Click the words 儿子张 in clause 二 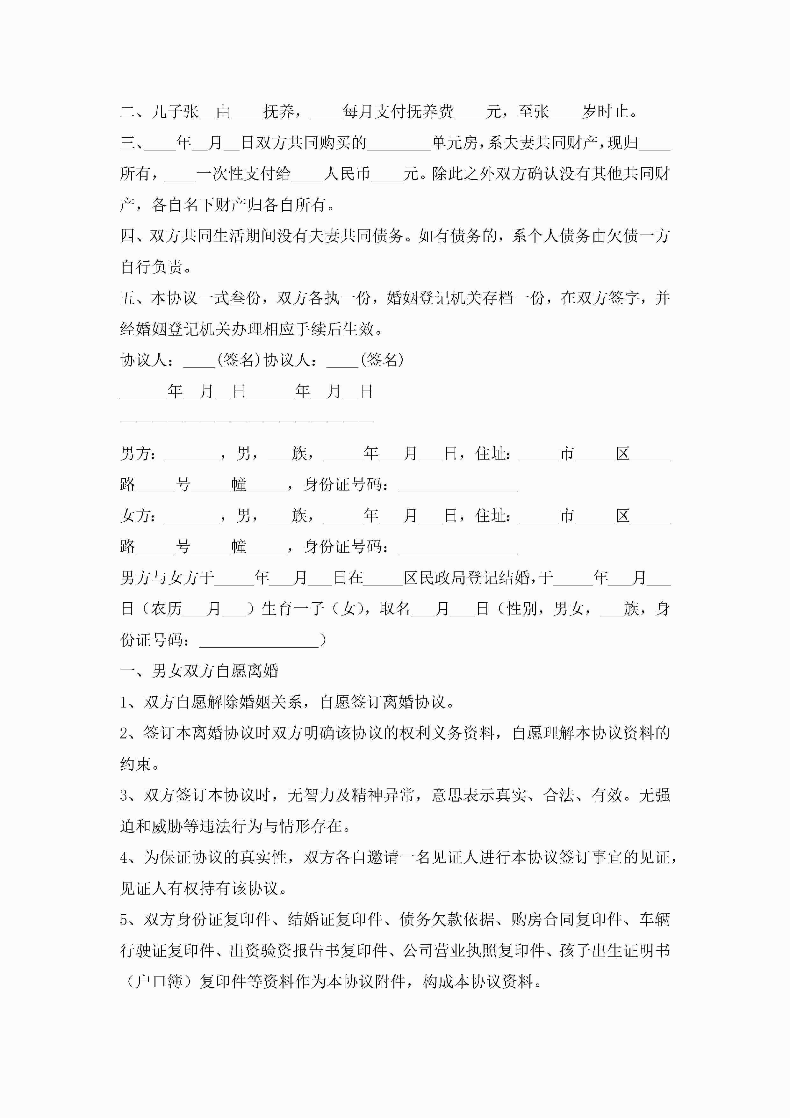(175, 112)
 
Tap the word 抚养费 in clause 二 (430, 112)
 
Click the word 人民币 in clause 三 (347, 174)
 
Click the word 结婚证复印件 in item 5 (335, 920)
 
